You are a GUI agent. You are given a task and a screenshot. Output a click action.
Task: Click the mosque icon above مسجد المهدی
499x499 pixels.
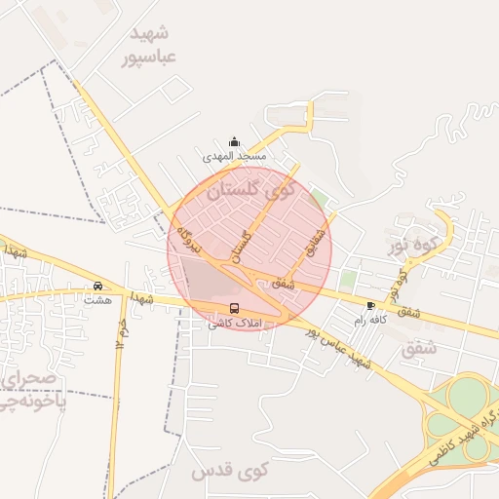click(x=233, y=142)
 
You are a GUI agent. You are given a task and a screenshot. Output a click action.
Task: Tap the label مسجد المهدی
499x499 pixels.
click(x=234, y=156)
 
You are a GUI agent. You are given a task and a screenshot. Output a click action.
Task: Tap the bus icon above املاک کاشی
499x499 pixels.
click(x=232, y=308)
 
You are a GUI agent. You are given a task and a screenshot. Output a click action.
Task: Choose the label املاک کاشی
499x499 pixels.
click(x=232, y=323)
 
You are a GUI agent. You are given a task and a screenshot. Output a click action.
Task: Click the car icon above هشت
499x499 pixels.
click(x=97, y=286)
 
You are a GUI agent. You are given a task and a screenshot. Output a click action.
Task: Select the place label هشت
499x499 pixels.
click(x=97, y=299)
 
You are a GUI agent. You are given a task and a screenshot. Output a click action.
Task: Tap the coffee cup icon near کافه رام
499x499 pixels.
click(x=370, y=305)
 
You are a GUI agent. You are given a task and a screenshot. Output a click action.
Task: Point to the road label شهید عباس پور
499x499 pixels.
click(x=339, y=350)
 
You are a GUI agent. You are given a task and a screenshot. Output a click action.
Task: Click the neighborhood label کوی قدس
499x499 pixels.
click(x=229, y=473)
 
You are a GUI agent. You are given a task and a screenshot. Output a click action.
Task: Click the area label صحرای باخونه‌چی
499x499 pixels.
click(x=31, y=389)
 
